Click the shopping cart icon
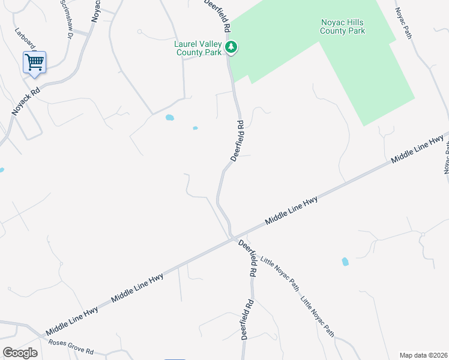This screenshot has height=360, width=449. pyautogui.click(x=34, y=62)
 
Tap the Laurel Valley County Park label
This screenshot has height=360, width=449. pyautogui.click(x=197, y=48)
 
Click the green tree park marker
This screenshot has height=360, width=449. pyautogui.click(x=231, y=47)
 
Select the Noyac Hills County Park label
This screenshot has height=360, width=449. pyautogui.click(x=342, y=26)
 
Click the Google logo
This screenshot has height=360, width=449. pyautogui.click(x=20, y=352)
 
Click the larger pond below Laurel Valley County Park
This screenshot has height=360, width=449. pyautogui.click(x=170, y=118)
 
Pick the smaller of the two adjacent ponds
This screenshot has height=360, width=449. pyautogui.click(x=195, y=128)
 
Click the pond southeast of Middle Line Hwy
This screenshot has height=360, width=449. pyautogui.click(x=345, y=262)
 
